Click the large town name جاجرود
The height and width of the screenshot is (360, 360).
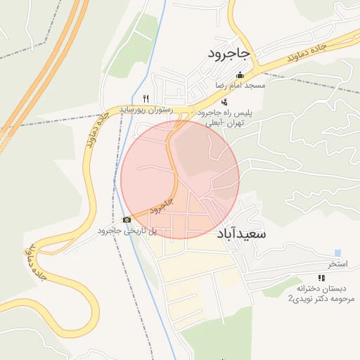click(229, 53)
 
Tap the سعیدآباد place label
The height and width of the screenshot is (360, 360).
click(240, 233)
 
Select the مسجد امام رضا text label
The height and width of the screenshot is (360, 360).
click(240, 86)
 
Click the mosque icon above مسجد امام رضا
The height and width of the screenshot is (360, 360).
click(240, 75)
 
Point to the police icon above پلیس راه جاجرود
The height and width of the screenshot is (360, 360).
click(224, 102)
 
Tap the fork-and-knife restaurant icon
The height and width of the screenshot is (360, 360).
click(146, 98)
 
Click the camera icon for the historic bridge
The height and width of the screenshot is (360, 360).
click(127, 219)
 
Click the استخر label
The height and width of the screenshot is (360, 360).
click(338, 264)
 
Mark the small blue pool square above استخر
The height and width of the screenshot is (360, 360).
click(338, 253)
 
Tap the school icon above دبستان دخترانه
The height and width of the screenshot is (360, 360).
click(322, 278)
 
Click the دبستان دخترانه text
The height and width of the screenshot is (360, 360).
click(321, 289)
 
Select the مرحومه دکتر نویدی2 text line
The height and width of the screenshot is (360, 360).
click(321, 299)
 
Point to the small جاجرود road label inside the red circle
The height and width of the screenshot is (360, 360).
click(162, 205)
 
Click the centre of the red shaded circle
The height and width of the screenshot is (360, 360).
click(180, 179)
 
